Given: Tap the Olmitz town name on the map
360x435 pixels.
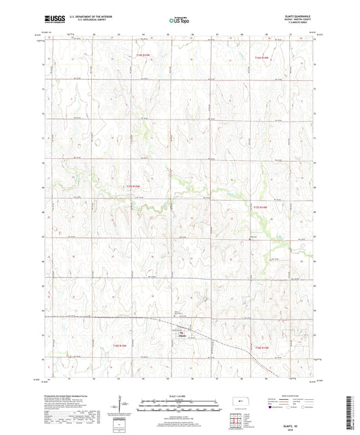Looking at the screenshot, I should pos(182,336).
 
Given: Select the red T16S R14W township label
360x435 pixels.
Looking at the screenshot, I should pos(261,58).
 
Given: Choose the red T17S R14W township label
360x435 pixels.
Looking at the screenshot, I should pos(260,207).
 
